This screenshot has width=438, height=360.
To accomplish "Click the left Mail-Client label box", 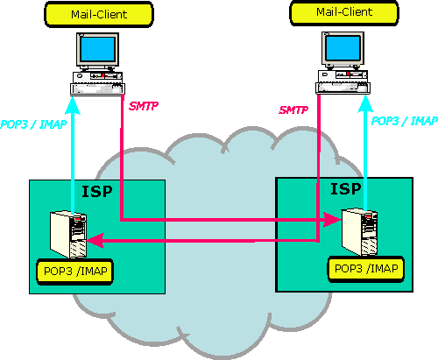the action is [99, 14].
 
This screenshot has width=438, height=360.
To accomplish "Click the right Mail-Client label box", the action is [344, 12].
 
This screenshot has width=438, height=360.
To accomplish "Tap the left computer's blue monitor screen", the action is [97, 49].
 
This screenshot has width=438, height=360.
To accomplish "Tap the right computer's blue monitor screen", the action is [343, 48].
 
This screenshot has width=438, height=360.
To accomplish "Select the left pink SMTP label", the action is [144, 106].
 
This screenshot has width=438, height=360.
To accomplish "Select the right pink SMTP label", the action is [293, 110].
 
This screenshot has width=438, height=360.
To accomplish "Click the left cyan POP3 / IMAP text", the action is [33, 124].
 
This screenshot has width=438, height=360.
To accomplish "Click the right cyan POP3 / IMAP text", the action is [405, 121].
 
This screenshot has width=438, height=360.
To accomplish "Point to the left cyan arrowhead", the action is [72, 105].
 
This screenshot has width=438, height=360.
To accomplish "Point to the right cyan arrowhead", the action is [365, 103].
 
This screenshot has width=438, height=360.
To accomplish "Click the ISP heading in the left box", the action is [97, 192].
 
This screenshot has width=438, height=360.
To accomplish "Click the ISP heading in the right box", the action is [346, 189].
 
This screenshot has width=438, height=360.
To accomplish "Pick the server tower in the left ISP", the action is [68, 234].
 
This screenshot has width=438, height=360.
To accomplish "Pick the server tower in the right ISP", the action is [360, 231].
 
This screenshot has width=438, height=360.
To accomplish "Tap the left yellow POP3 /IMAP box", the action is [74, 272].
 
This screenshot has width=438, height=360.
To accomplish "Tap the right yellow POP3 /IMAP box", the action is [366, 269].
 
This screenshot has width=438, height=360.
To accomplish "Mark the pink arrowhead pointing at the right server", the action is [332, 219].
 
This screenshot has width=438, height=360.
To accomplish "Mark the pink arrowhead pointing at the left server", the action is [95, 241].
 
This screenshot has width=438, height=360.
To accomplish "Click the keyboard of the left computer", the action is [98, 88].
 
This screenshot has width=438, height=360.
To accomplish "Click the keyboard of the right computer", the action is [343, 88].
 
